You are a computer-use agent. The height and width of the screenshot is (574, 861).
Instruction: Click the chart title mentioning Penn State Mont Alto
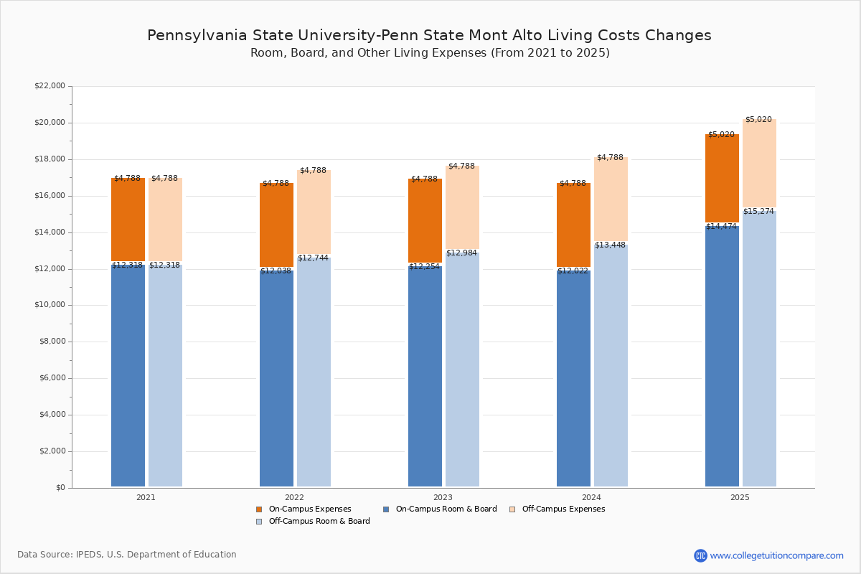(x=429, y=36)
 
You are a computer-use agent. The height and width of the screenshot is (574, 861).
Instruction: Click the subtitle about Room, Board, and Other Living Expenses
(x=430, y=53)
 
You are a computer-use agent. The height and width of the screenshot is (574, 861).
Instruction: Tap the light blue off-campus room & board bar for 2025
(x=759, y=352)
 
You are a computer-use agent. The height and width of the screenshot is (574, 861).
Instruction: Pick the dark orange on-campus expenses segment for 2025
(x=722, y=179)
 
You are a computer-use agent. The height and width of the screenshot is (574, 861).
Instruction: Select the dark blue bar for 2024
(x=573, y=380)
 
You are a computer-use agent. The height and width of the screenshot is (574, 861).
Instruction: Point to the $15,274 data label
(x=758, y=212)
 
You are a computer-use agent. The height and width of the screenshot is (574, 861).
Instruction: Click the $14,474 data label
(x=721, y=227)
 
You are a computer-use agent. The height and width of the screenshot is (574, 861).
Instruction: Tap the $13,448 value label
(x=610, y=245)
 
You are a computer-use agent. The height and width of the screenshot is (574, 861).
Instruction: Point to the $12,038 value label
(x=276, y=271)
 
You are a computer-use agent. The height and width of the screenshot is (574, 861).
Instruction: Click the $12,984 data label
(x=461, y=253)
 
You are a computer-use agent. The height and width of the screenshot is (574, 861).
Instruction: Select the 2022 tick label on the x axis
(x=294, y=497)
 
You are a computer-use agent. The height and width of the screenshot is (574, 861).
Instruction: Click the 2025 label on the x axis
(x=740, y=497)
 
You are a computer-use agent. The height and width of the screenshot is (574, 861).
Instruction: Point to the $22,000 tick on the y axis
(x=50, y=86)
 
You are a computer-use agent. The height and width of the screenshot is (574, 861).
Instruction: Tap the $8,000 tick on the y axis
(x=52, y=342)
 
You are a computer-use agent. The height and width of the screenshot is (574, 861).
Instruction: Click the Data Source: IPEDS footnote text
(x=127, y=555)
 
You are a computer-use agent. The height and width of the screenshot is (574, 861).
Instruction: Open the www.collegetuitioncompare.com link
(x=776, y=555)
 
